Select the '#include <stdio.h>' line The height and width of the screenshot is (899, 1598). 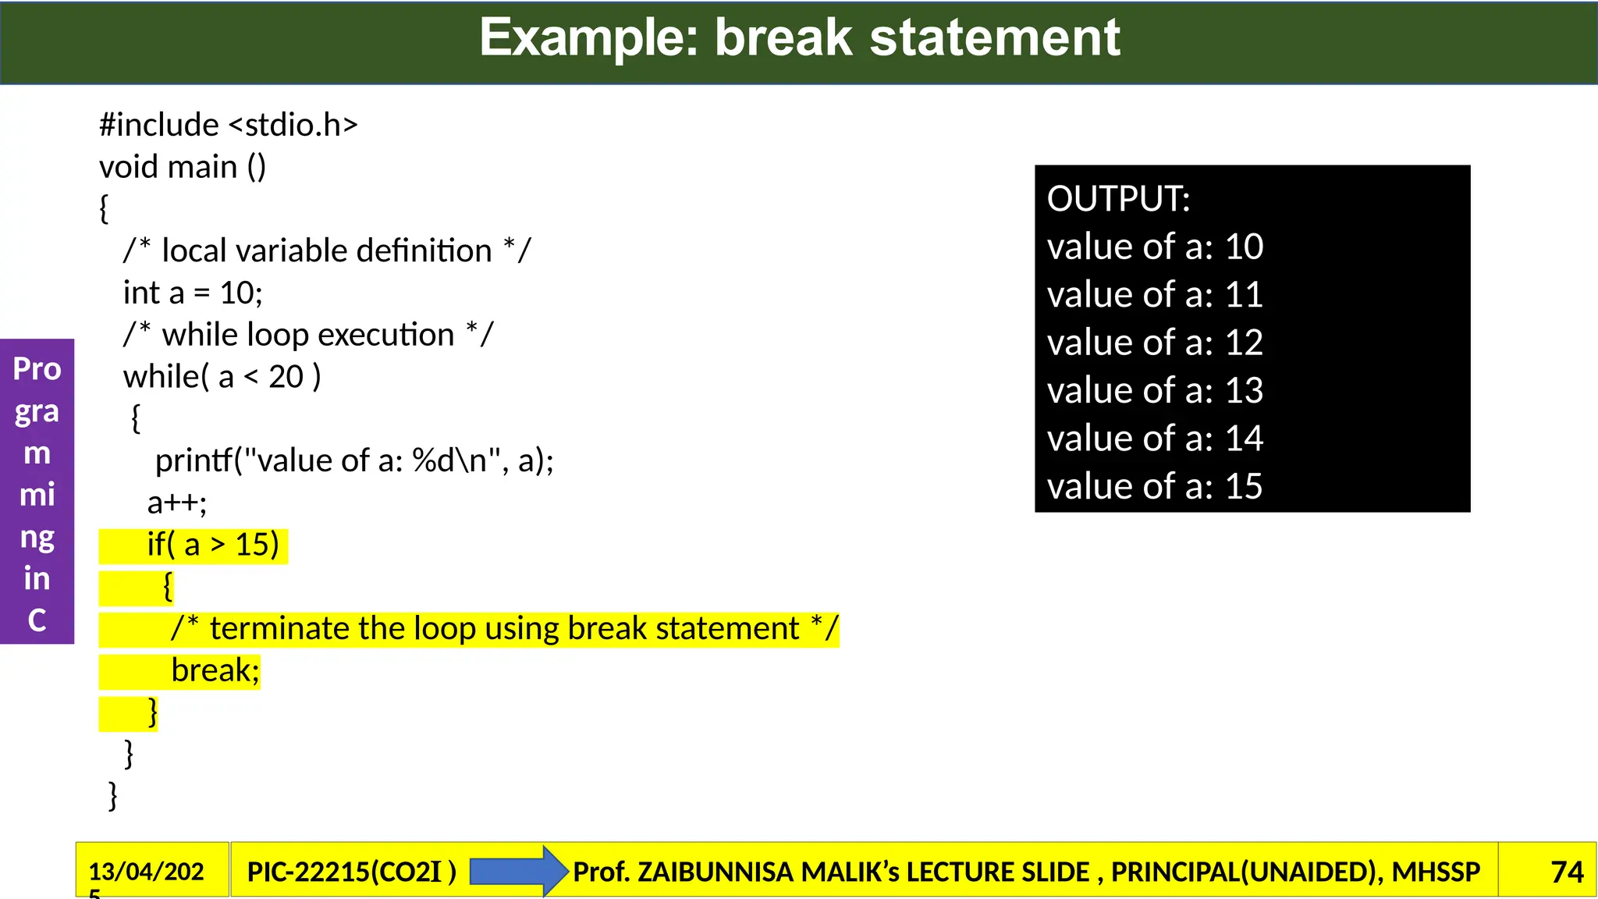click(x=228, y=125)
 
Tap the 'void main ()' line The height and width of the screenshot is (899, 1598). click(x=183, y=167)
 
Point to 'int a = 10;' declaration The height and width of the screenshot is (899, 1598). click(x=193, y=293)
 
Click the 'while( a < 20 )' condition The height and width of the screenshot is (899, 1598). click(x=222, y=377)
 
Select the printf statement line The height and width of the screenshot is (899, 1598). click(x=354, y=460)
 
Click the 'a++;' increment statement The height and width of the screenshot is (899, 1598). click(x=177, y=503)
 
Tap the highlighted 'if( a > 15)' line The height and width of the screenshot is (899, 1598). click(x=212, y=545)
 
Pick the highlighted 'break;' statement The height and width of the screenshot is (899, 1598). click(x=215, y=670)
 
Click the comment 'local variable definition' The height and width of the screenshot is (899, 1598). click(x=326, y=251)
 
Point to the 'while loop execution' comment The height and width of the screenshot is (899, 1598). click(x=307, y=335)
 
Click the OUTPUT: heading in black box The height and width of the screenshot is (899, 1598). click(x=1118, y=199)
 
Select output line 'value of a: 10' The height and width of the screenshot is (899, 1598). click(x=1154, y=247)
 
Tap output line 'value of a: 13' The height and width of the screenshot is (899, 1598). click(x=1154, y=390)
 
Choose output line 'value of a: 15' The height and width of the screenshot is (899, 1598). click(x=1154, y=486)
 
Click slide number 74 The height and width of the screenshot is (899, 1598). click(x=1567, y=872)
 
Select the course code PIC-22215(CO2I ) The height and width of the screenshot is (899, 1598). click(x=351, y=872)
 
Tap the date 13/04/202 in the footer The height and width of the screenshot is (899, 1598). click(x=146, y=872)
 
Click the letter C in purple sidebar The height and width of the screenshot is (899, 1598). click(x=37, y=620)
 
